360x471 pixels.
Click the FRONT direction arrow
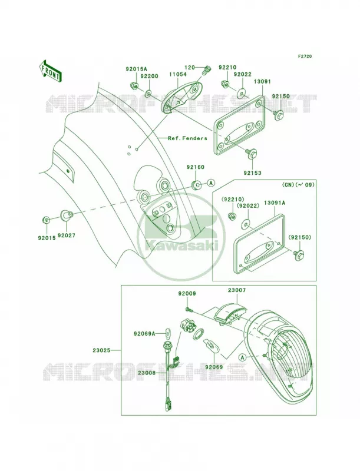[50, 70]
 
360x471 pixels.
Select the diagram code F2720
[305, 56]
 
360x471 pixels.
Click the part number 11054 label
[177, 74]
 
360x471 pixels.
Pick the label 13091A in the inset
[275, 203]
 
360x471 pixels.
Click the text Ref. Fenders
[187, 138]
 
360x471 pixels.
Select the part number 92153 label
[252, 173]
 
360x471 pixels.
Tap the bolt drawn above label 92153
[251, 154]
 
